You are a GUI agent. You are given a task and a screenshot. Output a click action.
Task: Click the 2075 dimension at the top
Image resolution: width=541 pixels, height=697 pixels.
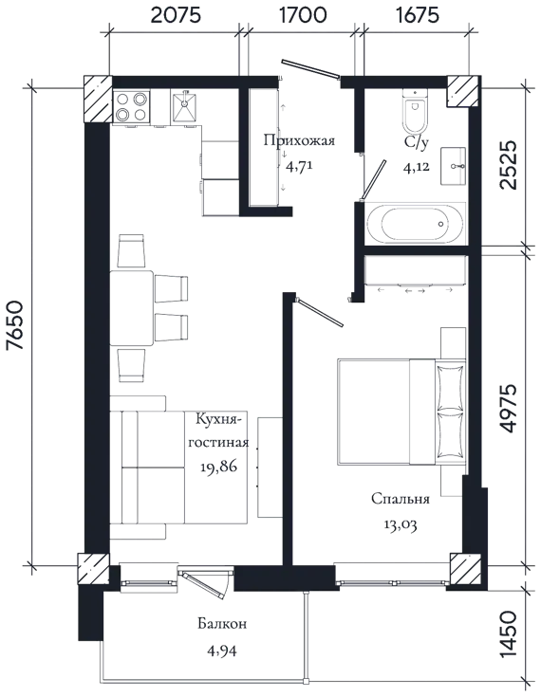pyautogui.click(x=177, y=15)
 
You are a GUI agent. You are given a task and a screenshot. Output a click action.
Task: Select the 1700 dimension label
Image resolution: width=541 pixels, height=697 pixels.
pyautogui.click(x=303, y=15)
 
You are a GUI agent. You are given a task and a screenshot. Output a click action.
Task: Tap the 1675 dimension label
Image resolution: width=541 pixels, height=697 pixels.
pyautogui.click(x=417, y=15)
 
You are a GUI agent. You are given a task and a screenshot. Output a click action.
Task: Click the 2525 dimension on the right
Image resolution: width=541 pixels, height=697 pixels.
pyautogui.click(x=508, y=165)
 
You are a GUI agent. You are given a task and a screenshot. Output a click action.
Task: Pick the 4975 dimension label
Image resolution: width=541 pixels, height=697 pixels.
pyautogui.click(x=508, y=408)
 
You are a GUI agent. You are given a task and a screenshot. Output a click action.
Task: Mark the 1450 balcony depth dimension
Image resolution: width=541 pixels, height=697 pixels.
pyautogui.click(x=508, y=633)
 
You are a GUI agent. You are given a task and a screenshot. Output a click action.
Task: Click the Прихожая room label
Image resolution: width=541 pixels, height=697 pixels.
pyautogui.click(x=299, y=141)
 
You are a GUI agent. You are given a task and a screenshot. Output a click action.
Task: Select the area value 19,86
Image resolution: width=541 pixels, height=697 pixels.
pyautogui.click(x=218, y=467)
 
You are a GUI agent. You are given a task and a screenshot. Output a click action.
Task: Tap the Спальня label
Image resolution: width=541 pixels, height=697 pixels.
pyautogui.click(x=401, y=499)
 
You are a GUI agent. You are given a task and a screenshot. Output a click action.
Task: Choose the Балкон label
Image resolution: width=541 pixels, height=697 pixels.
pyautogui.click(x=222, y=624)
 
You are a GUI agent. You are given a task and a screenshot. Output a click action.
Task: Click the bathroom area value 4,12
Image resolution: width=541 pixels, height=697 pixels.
pyautogui.click(x=417, y=168)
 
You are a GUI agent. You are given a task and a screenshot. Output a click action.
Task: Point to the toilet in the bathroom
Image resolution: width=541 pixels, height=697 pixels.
pyautogui.click(x=414, y=111)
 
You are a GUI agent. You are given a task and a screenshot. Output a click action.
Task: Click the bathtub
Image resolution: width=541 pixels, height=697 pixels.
pyautogui.click(x=415, y=224)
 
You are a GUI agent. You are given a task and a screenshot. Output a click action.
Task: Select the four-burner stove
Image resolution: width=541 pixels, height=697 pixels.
pyautogui.click(x=131, y=106)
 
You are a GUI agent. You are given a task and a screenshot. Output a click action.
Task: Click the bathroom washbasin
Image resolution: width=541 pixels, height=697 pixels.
pyautogui.click(x=454, y=166)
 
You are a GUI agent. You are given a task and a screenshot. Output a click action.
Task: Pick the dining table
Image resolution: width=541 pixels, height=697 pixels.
pyautogui.click(x=132, y=307)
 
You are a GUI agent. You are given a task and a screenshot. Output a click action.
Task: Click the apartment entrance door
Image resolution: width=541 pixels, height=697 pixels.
pyautogui.click(x=310, y=70)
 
